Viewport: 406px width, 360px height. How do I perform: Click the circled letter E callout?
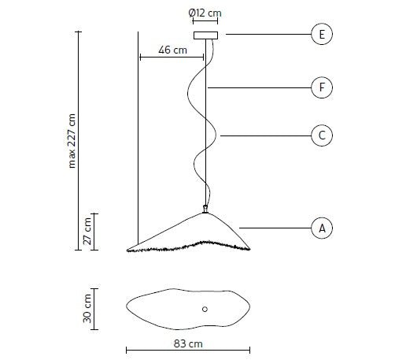tap(322, 34)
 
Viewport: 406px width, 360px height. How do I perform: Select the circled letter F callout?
tap(322, 87)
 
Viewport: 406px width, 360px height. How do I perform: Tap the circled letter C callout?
tap(322, 135)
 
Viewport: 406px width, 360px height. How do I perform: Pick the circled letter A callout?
tap(322, 228)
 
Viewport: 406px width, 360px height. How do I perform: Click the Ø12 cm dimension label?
tap(205, 13)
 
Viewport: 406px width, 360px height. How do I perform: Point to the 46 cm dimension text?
tap(172, 50)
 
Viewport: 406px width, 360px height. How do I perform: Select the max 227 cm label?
tap(72, 141)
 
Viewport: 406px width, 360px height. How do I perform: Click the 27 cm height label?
tap(87, 232)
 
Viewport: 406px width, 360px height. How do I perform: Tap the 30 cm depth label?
tap(87, 309)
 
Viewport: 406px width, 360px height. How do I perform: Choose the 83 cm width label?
tap(188, 343)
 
